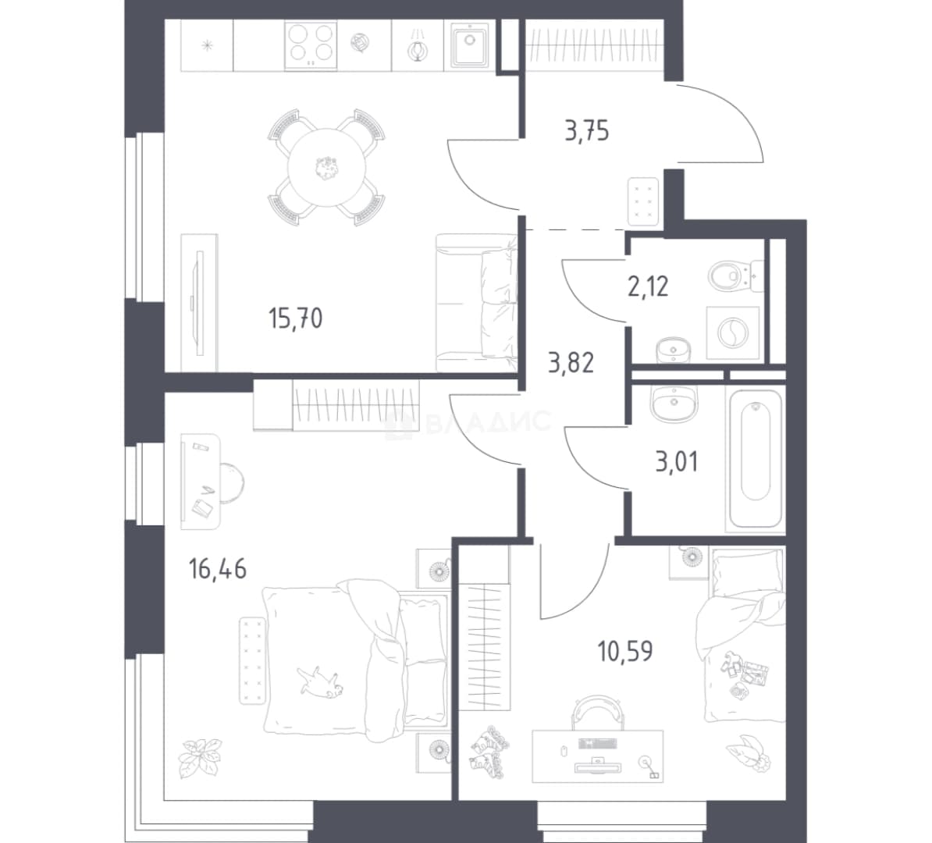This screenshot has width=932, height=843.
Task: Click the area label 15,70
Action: (x=295, y=318)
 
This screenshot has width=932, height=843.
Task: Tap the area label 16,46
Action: (x=218, y=570)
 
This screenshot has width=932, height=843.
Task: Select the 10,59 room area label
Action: (x=625, y=652)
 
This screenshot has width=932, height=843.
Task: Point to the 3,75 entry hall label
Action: (x=587, y=131)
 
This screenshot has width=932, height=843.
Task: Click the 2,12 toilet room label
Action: (x=648, y=286)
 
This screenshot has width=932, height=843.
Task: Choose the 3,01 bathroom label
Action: (x=677, y=461)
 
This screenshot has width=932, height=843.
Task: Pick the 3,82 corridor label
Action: (x=571, y=362)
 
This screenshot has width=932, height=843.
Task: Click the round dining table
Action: (x=325, y=168)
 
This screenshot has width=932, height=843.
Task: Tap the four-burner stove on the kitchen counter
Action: (x=311, y=45)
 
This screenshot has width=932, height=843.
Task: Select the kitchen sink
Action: (x=470, y=45)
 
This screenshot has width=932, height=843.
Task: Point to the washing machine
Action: (x=732, y=333)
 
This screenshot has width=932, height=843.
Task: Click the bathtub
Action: (x=756, y=458)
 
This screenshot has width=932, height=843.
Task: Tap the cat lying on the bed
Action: (x=320, y=680)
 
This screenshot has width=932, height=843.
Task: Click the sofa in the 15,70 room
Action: (x=477, y=303)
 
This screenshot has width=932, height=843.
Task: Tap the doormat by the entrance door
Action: (x=643, y=201)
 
